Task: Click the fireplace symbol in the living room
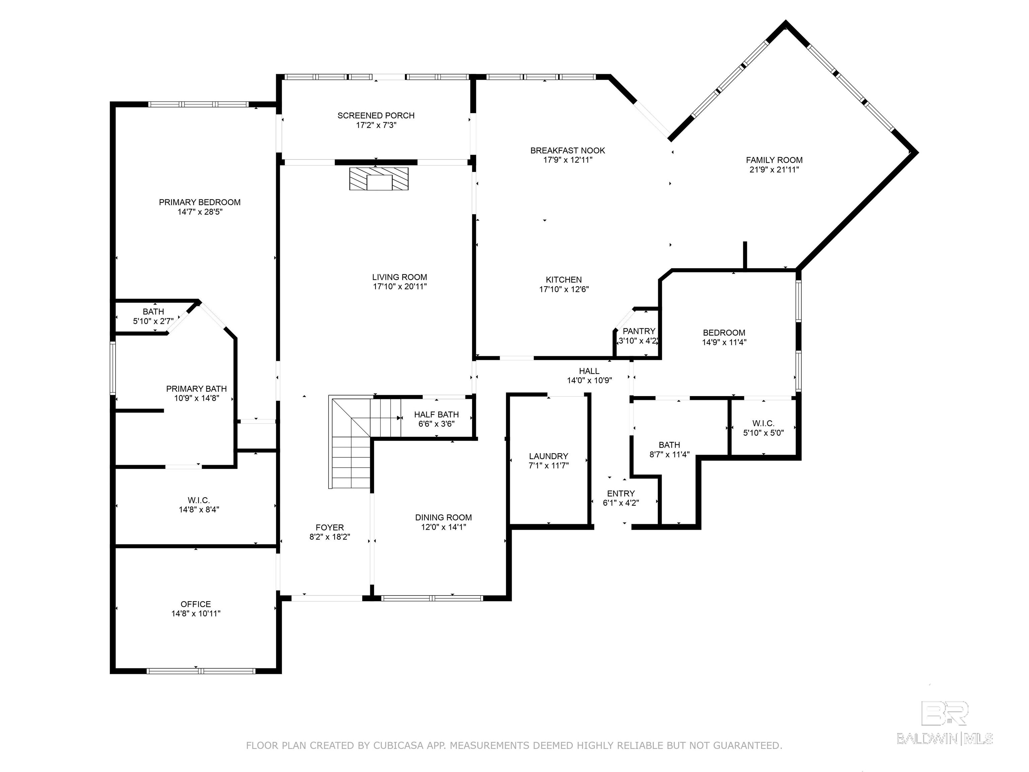379,179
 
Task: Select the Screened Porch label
376,115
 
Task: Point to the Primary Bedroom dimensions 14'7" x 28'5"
200,212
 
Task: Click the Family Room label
774,160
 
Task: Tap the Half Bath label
436,414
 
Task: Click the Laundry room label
548,456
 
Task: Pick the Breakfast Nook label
567,150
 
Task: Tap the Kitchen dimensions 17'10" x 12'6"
564,289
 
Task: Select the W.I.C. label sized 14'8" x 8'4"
199,500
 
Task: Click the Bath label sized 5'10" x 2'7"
153,311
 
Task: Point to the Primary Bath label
196,389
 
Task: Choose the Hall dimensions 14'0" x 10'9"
589,380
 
